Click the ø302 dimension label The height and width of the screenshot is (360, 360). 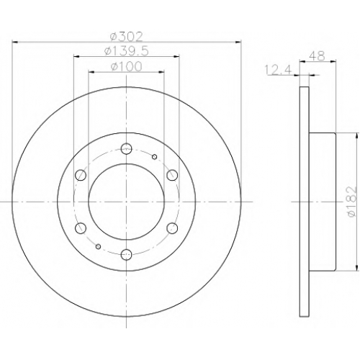126,37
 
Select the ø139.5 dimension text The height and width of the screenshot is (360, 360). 127,51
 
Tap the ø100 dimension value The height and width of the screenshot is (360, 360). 127,66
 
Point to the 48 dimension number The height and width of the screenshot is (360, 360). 317,56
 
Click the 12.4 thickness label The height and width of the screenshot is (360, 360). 278,70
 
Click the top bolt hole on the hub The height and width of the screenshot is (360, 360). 127,148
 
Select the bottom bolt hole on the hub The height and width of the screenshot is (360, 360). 127,254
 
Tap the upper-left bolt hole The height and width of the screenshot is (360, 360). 81,175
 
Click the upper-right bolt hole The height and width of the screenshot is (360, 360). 172,175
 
